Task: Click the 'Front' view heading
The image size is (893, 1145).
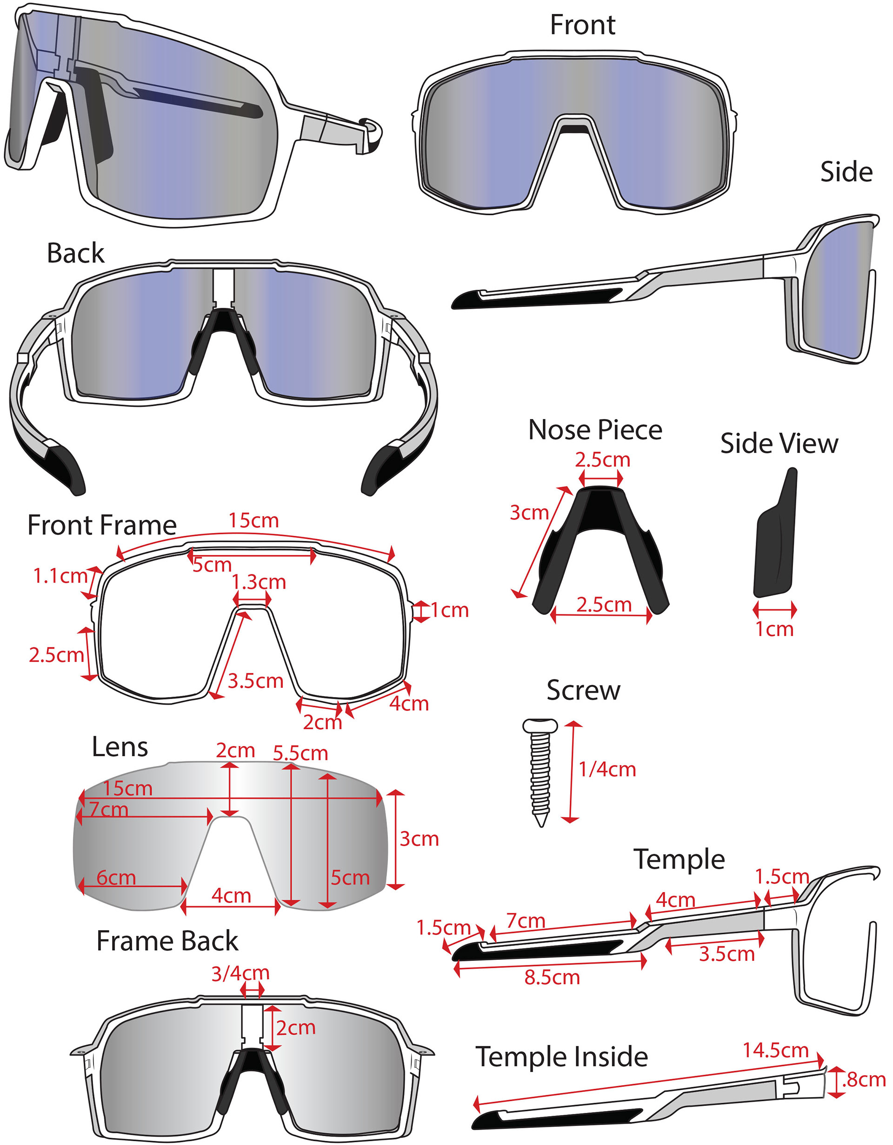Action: (x=582, y=25)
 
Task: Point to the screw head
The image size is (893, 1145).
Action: (x=540, y=726)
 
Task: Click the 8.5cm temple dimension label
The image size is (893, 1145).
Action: (x=552, y=977)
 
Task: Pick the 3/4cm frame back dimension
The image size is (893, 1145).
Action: (x=240, y=973)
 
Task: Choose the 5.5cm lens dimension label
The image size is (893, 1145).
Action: (x=300, y=753)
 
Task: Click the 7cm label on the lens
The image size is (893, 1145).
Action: (x=108, y=810)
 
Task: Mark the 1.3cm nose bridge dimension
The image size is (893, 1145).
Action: (x=259, y=582)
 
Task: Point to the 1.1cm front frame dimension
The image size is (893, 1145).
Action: (x=60, y=576)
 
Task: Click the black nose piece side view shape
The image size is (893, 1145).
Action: (x=775, y=540)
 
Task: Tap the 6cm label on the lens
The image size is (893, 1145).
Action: (x=116, y=877)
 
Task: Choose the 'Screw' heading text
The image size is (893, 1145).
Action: (x=583, y=690)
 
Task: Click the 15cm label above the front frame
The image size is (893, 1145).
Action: (x=253, y=520)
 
